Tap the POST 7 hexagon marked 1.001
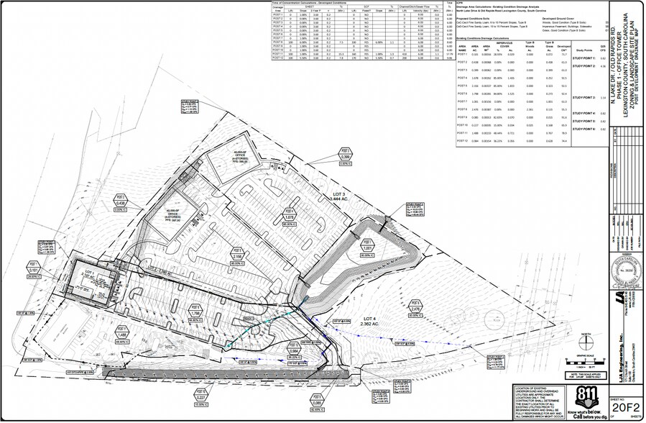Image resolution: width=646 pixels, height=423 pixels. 370,246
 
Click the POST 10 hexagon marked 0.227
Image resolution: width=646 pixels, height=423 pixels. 202,398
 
